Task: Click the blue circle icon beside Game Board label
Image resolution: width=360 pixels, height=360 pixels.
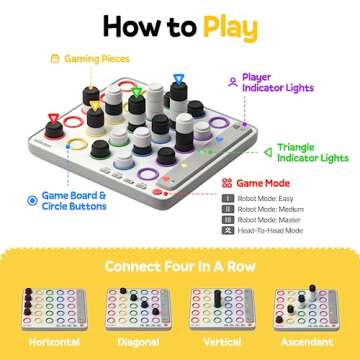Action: (x=32, y=201)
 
